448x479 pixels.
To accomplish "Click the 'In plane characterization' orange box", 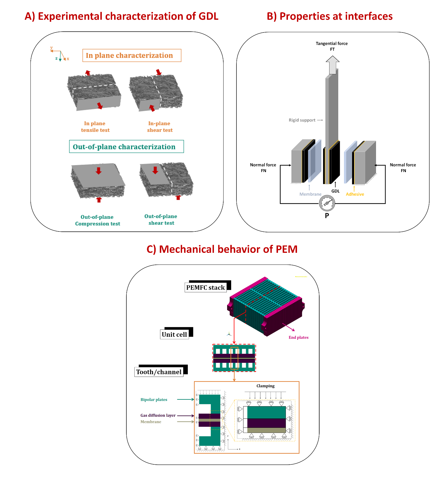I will click(132, 55).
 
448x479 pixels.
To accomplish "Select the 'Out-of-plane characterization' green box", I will click(126, 147).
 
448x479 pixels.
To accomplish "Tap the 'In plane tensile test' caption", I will click(95, 127).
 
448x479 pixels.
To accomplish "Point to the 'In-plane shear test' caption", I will click(160, 127).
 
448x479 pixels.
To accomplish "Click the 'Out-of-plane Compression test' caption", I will click(97, 220).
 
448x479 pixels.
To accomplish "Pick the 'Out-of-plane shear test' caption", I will click(161, 219).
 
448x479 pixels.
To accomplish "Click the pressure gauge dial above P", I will click(327, 203).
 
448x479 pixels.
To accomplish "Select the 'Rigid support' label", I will click(302, 120).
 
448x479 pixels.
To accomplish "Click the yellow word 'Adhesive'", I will click(355, 194).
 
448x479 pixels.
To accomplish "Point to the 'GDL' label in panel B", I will click(335, 191).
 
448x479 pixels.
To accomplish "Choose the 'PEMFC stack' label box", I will click(206, 287).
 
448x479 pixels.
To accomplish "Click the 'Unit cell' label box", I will click(174, 334).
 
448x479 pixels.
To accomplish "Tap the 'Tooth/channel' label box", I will click(159, 372).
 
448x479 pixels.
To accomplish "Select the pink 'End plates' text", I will click(298, 337).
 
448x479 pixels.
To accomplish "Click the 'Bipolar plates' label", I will click(154, 399).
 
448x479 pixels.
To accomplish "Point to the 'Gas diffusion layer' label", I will click(158, 415).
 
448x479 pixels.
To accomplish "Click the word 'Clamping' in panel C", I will click(265, 386).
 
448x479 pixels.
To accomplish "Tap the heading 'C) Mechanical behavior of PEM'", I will click(222, 249).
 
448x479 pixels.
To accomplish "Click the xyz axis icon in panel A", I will click(60, 54).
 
